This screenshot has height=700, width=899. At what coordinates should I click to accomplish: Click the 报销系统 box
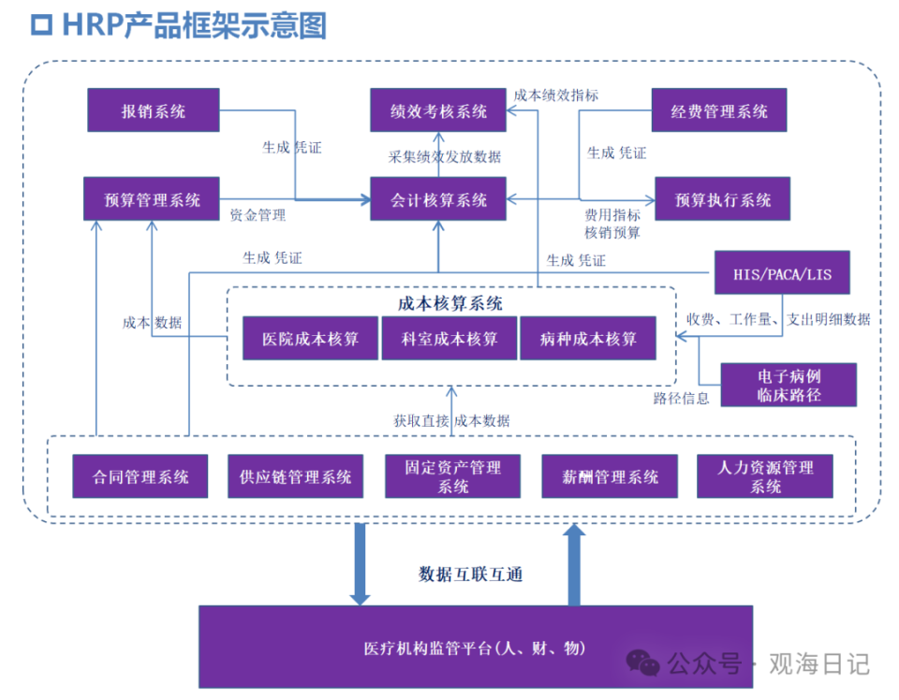(153, 110)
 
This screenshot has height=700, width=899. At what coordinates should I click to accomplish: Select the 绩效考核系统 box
(439, 110)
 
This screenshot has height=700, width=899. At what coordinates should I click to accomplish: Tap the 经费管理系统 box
(719, 110)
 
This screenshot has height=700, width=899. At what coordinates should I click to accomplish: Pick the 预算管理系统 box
(151, 199)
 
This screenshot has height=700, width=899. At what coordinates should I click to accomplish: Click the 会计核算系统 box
(439, 199)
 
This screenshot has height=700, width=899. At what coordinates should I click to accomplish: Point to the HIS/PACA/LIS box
(782, 274)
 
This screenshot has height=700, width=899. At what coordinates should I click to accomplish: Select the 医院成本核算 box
(310, 338)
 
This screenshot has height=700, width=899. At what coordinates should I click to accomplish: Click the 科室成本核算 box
(449, 338)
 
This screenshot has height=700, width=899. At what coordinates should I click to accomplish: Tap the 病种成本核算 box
(587, 338)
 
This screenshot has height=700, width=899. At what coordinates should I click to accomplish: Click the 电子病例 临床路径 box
(788, 385)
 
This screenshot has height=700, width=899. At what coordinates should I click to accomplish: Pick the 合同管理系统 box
(140, 476)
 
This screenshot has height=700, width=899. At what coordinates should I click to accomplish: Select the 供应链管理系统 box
(295, 476)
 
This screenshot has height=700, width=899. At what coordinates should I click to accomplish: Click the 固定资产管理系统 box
(452, 476)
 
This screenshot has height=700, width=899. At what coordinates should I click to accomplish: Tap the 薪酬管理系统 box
(610, 476)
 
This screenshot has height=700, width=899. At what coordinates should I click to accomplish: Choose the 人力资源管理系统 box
(765, 476)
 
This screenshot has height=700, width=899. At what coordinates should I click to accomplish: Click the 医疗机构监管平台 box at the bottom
(475, 647)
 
